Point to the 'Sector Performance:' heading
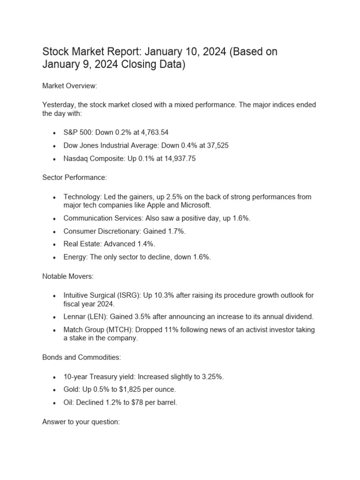(x=75, y=178)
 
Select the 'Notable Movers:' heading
(x=68, y=277)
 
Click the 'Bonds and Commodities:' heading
(x=82, y=357)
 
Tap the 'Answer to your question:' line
(x=81, y=422)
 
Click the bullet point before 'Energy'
(x=55, y=257)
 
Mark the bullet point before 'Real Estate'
(x=55, y=244)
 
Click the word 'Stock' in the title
(x=55, y=52)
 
